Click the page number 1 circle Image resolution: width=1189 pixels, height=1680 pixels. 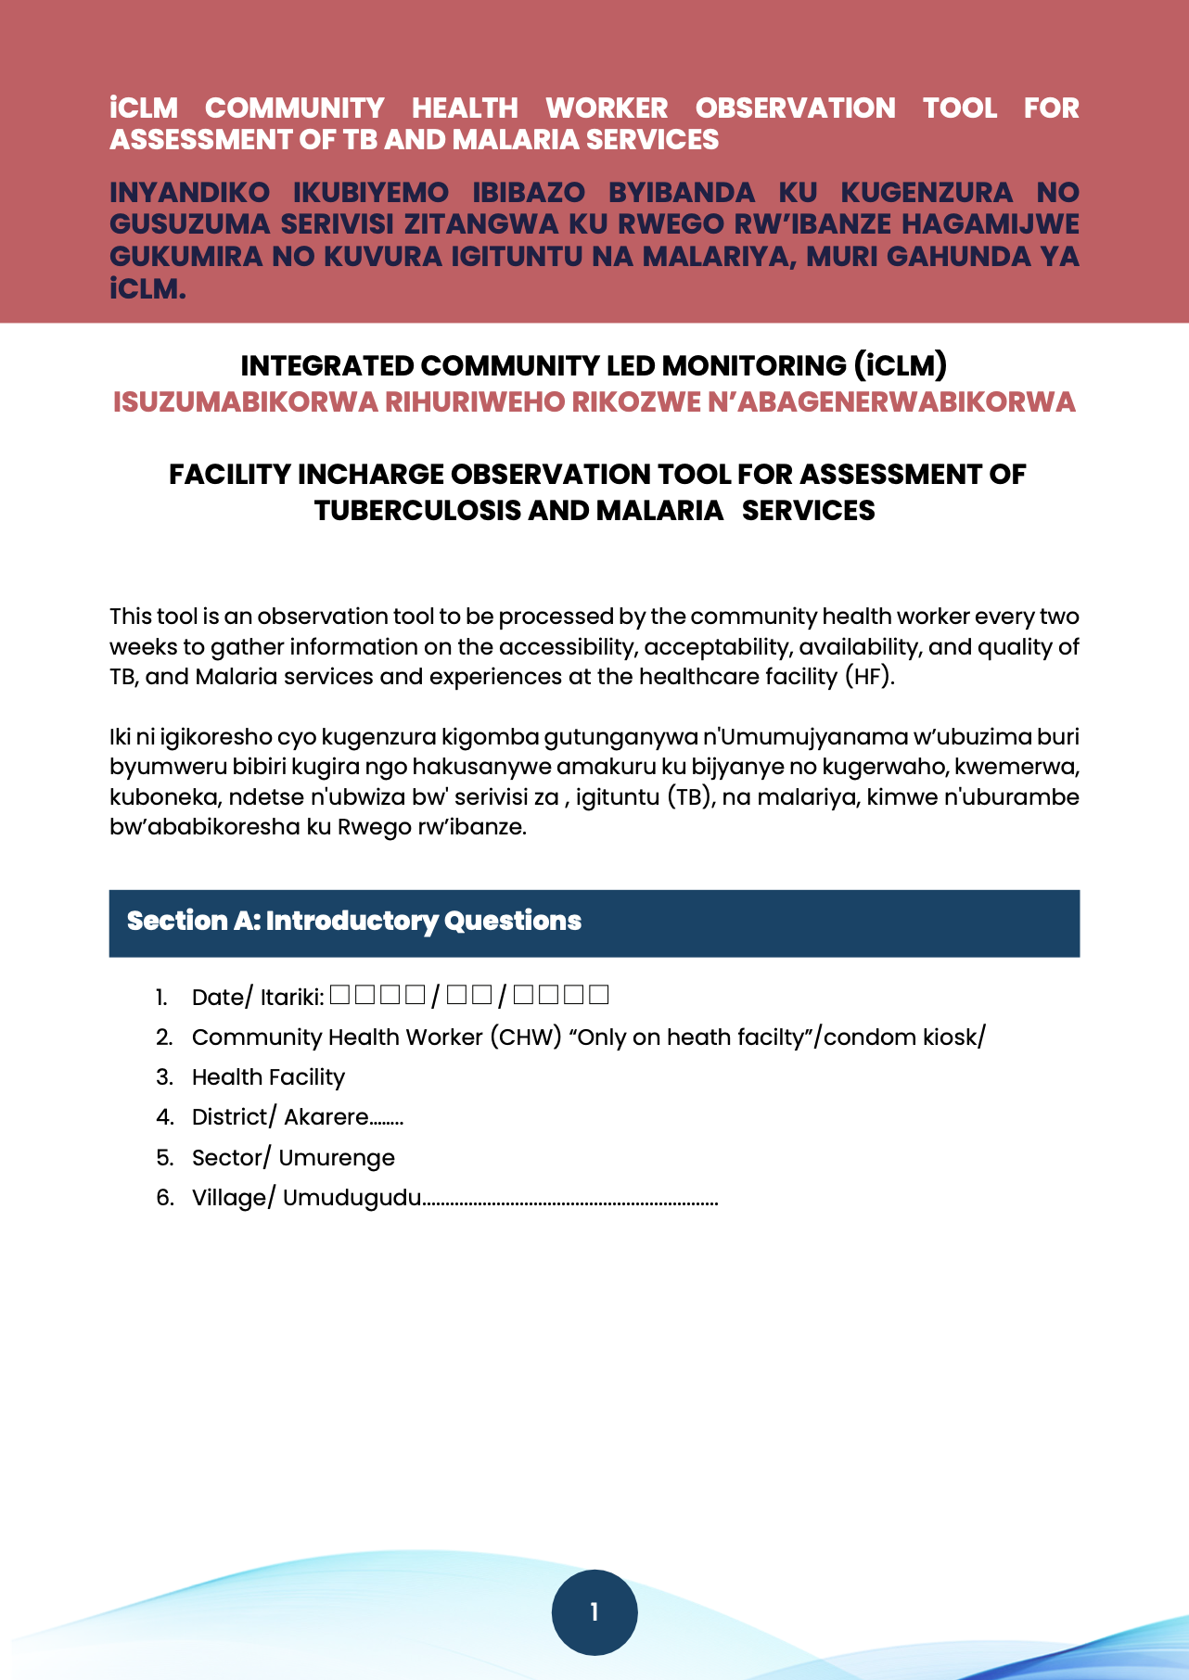coord(594,1612)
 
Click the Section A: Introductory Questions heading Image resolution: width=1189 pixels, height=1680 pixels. coord(354,921)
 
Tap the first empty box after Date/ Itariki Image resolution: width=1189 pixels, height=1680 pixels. coord(339,996)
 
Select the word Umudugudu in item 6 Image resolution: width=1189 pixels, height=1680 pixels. coord(352,1198)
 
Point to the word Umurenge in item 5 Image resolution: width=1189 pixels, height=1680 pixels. coord(337,1158)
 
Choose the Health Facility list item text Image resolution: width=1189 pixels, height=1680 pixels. coord(268,1077)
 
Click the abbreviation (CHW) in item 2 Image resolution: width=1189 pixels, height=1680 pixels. coord(526,1037)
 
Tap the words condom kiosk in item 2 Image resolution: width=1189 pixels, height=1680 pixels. coord(901,1037)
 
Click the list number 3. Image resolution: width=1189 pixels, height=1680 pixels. coord(164,1077)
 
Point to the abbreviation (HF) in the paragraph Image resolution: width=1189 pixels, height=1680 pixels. coord(869,677)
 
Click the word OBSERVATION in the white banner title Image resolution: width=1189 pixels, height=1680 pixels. coord(795,108)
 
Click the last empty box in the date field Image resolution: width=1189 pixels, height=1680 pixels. coord(599,996)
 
